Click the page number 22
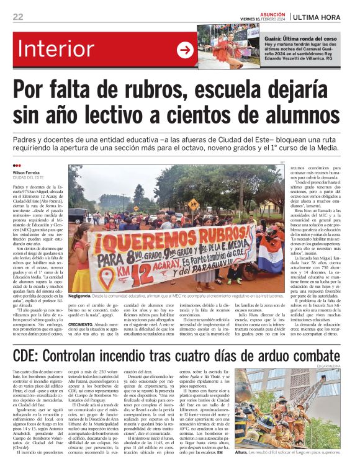point(18,17)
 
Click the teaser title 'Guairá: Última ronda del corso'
point(300,38)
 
